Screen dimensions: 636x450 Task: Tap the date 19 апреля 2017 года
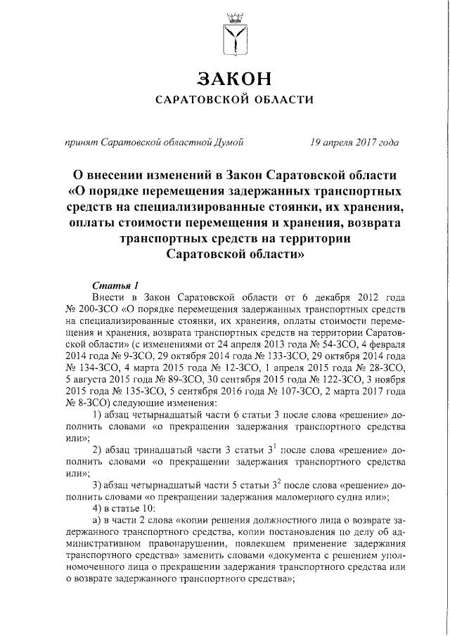click(x=354, y=143)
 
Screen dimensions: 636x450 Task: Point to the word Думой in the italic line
click(x=230, y=143)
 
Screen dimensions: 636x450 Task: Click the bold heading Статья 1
click(x=115, y=285)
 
